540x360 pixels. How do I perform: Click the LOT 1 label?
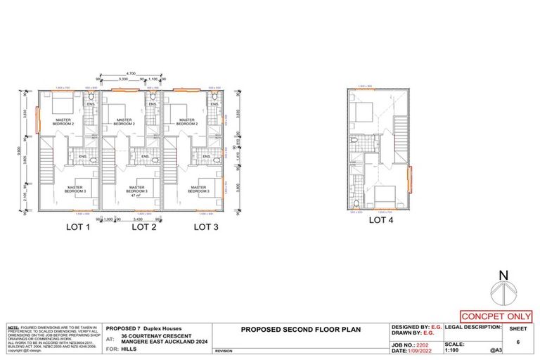pos(78,226)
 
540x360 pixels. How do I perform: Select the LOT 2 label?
pos(143,226)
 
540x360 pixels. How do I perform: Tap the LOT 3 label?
pos(207,226)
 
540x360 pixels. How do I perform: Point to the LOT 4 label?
pos(380,220)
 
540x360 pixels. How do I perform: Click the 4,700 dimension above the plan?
pos(131,73)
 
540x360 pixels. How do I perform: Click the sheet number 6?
pos(518,341)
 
